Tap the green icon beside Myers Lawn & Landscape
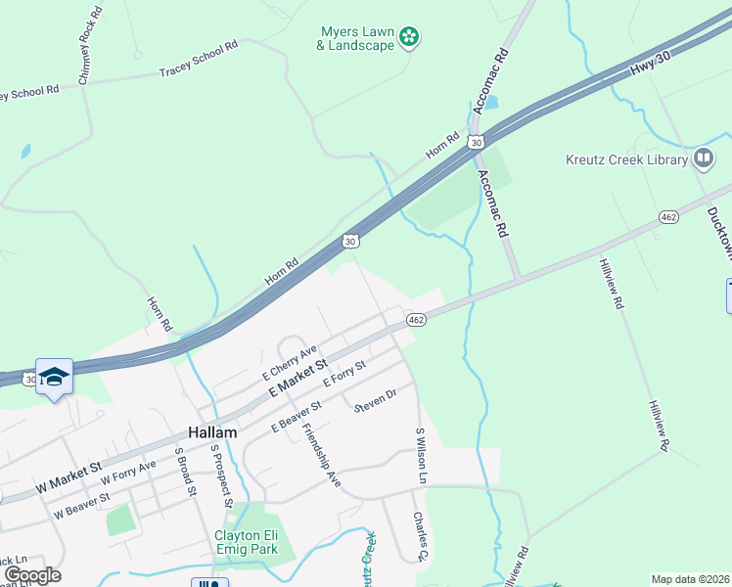410,38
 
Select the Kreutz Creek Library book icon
703,158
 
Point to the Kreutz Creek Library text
626,159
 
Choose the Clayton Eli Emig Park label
247,542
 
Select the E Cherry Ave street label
290,363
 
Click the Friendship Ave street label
321,445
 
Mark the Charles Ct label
420,536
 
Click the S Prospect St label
220,476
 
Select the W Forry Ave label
128,474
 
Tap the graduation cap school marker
54,377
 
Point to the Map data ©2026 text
689,579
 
